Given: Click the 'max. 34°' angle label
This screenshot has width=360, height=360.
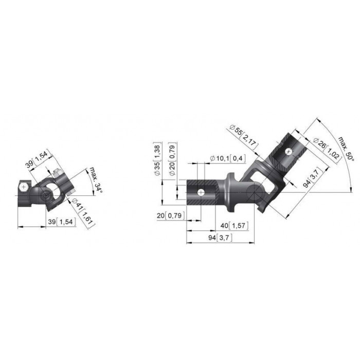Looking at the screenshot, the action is (x=95, y=179).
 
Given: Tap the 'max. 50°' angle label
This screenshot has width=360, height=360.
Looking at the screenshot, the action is (x=346, y=149).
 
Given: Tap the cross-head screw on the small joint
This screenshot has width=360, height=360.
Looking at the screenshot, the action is (x=24, y=187).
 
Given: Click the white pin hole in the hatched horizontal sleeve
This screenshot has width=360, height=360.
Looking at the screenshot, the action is (x=201, y=192).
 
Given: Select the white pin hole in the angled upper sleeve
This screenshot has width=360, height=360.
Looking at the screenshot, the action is (x=289, y=152).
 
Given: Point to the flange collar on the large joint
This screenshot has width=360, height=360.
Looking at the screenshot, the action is (x=230, y=192).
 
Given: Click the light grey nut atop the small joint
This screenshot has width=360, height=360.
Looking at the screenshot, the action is (x=57, y=173).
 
